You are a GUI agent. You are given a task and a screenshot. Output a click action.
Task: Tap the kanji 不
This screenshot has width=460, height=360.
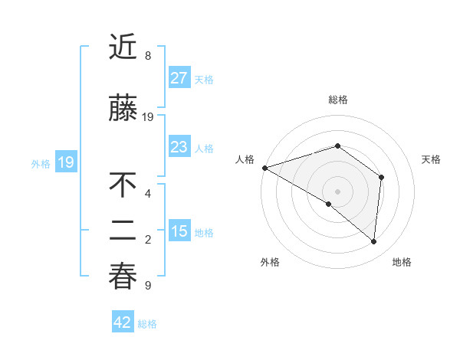click(123, 185)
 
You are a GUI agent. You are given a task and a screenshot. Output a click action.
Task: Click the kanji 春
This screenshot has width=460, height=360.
click(123, 277)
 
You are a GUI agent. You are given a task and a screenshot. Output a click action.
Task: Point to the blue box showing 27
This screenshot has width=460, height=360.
click(179, 77)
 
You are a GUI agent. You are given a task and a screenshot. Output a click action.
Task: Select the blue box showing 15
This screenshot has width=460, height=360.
click(179, 231)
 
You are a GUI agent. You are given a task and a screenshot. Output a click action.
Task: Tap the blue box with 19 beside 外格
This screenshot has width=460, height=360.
click(65, 162)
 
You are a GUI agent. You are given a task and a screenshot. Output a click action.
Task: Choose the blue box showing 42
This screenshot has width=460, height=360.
click(122, 322)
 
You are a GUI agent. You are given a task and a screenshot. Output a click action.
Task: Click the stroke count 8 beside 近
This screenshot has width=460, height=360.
click(148, 56)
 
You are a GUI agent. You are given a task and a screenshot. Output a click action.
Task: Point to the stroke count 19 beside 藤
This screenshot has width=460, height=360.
click(149, 116)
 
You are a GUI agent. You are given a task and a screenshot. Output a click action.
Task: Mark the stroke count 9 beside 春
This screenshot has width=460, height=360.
click(148, 286)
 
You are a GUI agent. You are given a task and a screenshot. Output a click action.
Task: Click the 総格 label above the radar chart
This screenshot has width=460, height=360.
click(337, 100)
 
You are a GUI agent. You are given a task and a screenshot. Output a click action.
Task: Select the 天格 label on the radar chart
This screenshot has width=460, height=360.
click(432, 159)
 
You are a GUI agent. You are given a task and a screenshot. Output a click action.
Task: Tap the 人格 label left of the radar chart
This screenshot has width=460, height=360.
click(245, 159)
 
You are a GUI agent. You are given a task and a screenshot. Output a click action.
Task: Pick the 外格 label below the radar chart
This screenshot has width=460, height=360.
click(270, 262)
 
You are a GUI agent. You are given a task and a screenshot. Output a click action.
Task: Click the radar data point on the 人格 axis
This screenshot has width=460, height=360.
click(264, 167)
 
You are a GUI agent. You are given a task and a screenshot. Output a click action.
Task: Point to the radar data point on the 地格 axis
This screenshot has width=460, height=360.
click(373, 241)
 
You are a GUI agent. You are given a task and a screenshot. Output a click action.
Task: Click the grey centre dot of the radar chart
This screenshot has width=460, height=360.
click(337, 191)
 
